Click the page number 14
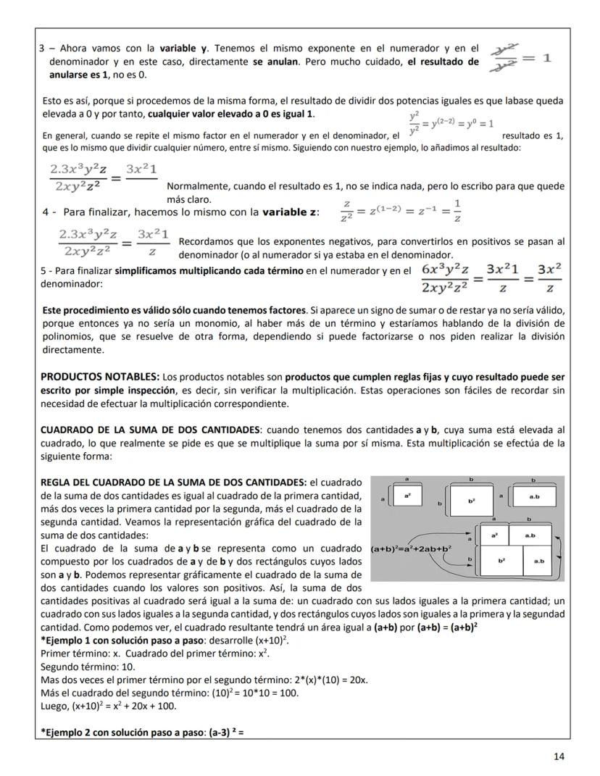[558, 756]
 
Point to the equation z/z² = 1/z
[400, 211]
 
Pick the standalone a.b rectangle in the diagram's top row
[533, 497]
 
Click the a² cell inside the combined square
[493, 535]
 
